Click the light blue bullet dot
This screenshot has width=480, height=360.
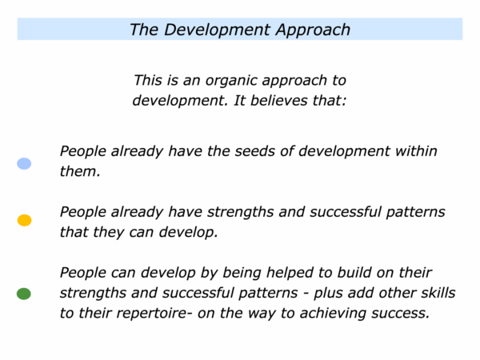tap(24, 163)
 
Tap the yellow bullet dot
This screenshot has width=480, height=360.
tap(25, 220)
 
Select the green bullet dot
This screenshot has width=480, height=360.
tap(24, 294)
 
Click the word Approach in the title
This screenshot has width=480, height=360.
tap(313, 30)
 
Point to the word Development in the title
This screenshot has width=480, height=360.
tap(217, 30)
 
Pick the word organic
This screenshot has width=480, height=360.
tap(232, 81)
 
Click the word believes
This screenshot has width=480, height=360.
tap(279, 101)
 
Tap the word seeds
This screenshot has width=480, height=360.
tap(254, 151)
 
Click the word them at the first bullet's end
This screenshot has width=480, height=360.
tap(79, 171)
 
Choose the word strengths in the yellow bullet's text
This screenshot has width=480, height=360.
tap(240, 212)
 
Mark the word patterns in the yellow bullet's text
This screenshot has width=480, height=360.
tap(415, 212)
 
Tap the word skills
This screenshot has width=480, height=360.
tap(438, 293)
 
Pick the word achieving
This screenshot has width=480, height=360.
tap(333, 314)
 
